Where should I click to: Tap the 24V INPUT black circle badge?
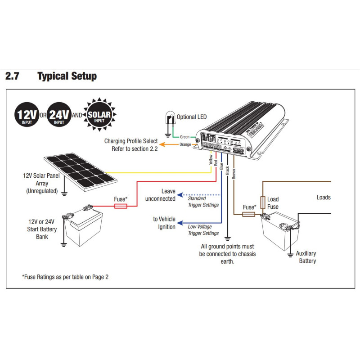(x=59, y=115)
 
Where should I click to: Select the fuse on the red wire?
(x=120, y=206)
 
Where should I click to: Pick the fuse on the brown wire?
(x=249, y=215)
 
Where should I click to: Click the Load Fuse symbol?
(x=263, y=202)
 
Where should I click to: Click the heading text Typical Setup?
(x=67, y=76)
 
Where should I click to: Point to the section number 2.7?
(x=12, y=76)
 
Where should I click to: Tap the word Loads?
(x=323, y=197)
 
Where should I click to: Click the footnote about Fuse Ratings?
(x=65, y=277)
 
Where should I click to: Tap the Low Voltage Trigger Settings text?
(x=203, y=230)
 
